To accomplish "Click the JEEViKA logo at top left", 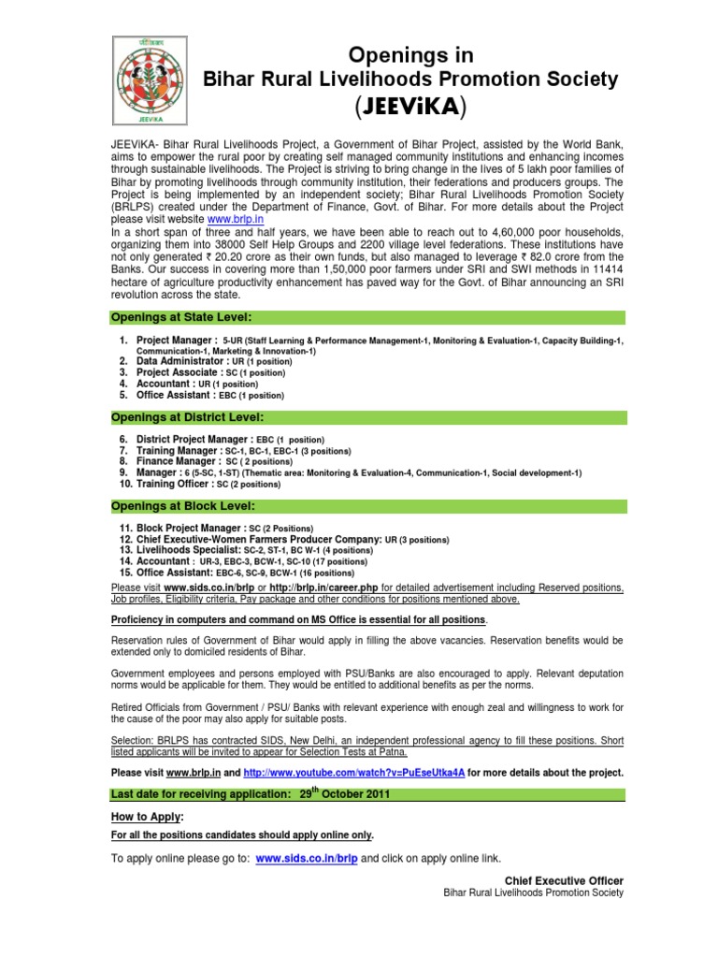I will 149,82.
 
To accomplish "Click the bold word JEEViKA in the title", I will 411,109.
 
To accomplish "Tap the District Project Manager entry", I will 230,439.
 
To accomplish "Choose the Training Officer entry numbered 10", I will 208,484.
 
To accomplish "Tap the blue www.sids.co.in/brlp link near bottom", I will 306,858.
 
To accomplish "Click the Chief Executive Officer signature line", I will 563,881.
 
